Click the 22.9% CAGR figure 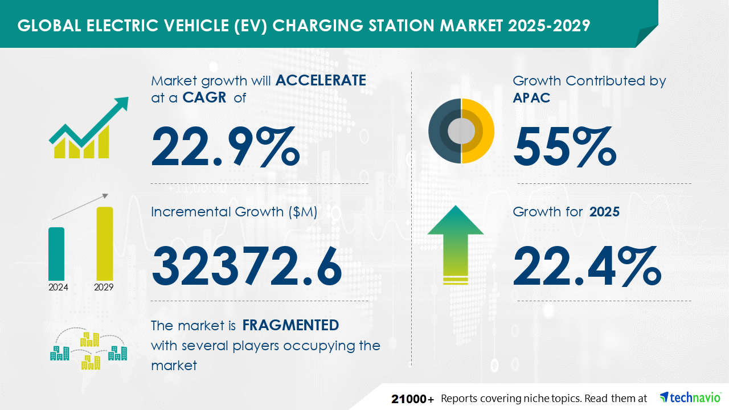pyautogui.click(x=225, y=146)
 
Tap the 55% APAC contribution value pyautogui.click(x=564, y=146)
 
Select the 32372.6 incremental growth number pyautogui.click(x=247, y=265)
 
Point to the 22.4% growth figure pyautogui.click(x=587, y=265)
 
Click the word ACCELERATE pyautogui.click(x=321, y=80)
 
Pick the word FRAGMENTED pyautogui.click(x=290, y=325)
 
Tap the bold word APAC pyautogui.click(x=531, y=98)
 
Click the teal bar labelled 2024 pyautogui.click(x=56, y=253)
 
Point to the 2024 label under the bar pyautogui.click(x=58, y=287)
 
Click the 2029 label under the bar pyautogui.click(x=104, y=287)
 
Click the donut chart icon pyautogui.click(x=461, y=131)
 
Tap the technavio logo pyautogui.click(x=690, y=397)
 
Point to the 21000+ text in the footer pyautogui.click(x=413, y=399)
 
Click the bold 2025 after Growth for pyautogui.click(x=604, y=212)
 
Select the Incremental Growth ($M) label pyautogui.click(x=234, y=212)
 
